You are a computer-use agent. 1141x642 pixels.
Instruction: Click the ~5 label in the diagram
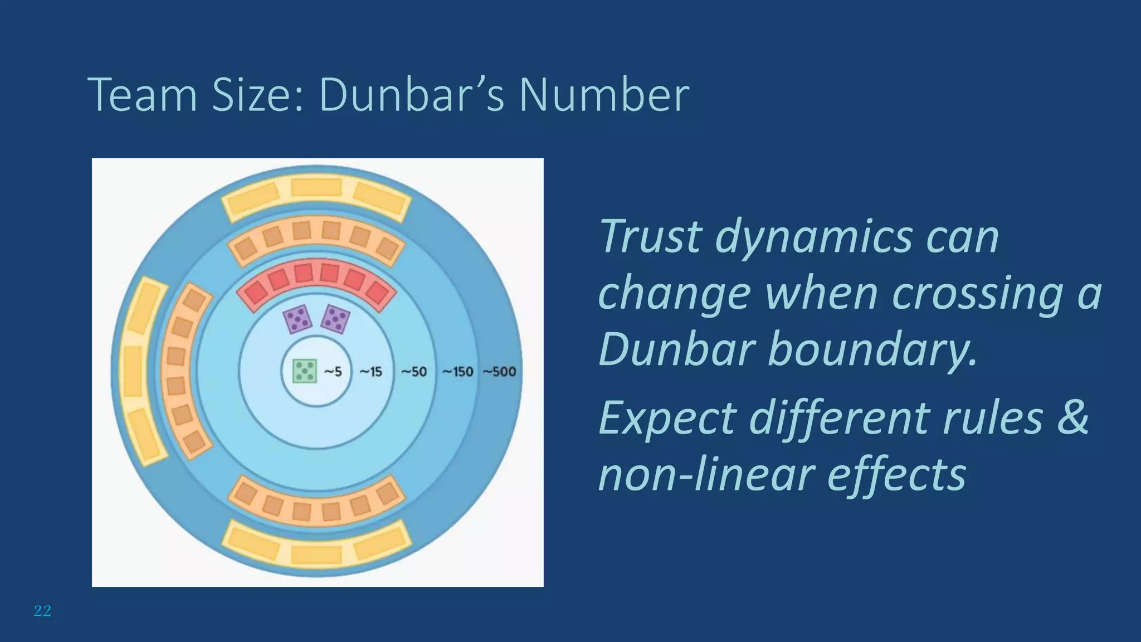pyautogui.click(x=333, y=372)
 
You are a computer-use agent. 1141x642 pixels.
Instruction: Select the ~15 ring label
pyautogui.click(x=370, y=372)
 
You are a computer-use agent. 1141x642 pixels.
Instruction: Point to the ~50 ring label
pyautogui.click(x=414, y=372)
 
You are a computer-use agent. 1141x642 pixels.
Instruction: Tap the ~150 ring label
pyautogui.click(x=457, y=372)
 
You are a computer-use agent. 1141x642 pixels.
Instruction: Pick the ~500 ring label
pyautogui.click(x=499, y=372)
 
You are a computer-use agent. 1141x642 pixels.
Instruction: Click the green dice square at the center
pyautogui.click(x=305, y=371)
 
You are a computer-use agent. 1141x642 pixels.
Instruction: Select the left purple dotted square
pyautogui.click(x=298, y=319)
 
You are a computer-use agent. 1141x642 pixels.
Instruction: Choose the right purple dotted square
pyautogui.click(x=335, y=319)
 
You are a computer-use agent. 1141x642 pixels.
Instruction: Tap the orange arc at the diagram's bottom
pyautogui.click(x=316, y=502)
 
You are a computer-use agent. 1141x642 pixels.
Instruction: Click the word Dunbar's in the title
pyautogui.click(x=412, y=95)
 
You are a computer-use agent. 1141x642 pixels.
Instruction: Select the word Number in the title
pyautogui.click(x=604, y=95)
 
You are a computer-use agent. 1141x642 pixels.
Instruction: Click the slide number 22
pyautogui.click(x=42, y=611)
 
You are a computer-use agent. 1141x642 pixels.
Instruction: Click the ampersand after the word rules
pyautogui.click(x=1072, y=418)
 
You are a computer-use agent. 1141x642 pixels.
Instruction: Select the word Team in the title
pyautogui.click(x=143, y=95)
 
